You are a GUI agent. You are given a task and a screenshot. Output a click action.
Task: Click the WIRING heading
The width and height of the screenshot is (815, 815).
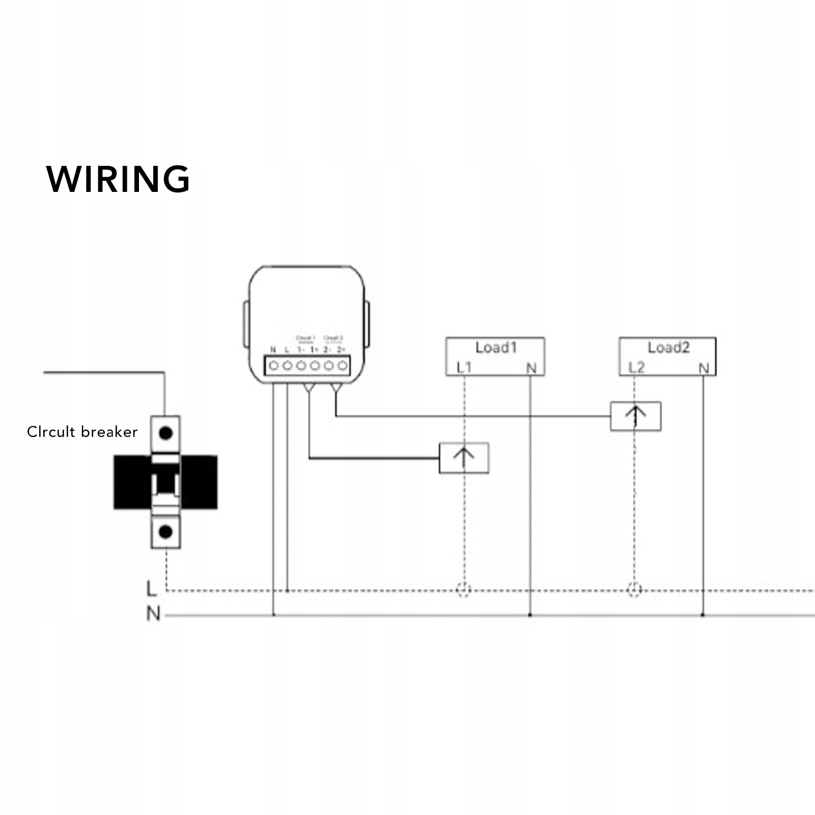(118, 179)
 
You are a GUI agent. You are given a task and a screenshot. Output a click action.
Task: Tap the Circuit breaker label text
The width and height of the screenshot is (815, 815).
(82, 432)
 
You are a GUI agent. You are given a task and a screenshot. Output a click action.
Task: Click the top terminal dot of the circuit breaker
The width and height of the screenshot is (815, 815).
(165, 434)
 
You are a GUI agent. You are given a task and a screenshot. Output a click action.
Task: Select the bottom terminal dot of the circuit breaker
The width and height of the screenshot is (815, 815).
(165, 532)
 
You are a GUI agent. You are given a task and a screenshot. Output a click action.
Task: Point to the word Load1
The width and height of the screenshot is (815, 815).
(496, 348)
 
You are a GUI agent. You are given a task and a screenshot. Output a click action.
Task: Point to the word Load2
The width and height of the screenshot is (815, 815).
(668, 348)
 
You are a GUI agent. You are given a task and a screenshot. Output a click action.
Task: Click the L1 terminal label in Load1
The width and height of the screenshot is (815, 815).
(464, 367)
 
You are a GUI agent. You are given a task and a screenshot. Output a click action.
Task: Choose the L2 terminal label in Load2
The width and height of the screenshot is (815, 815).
(636, 367)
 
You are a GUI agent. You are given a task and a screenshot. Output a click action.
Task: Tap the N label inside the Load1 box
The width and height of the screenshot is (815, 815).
(531, 368)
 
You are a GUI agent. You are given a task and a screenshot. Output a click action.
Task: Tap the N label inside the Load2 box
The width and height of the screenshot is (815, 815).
(704, 368)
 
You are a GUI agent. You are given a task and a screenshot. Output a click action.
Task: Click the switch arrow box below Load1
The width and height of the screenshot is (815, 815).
(464, 458)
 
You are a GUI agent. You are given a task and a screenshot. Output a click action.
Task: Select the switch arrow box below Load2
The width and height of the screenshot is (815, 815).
(635, 416)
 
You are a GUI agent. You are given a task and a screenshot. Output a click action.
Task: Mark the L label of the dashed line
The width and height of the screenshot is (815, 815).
(151, 588)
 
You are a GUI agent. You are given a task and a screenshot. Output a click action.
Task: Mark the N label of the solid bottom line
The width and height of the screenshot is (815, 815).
(153, 613)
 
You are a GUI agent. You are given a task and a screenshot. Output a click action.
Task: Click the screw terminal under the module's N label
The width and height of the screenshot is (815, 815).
(273, 366)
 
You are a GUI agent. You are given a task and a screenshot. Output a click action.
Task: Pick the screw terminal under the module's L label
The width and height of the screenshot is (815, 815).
(287, 366)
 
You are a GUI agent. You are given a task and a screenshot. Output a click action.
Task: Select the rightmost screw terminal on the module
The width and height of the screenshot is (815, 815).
(343, 366)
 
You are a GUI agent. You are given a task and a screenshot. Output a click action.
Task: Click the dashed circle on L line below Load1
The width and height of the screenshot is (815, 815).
(463, 589)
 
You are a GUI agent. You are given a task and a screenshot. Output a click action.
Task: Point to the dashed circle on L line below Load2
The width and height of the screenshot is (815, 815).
(634, 589)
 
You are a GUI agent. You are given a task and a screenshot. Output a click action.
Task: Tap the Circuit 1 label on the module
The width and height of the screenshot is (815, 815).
(305, 338)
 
